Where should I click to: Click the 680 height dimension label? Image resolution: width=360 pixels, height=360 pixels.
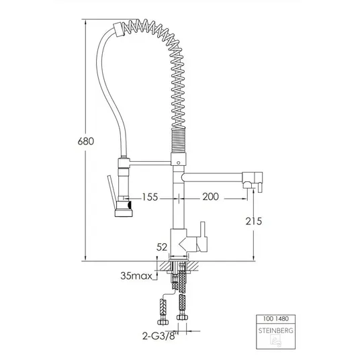[x=86, y=141]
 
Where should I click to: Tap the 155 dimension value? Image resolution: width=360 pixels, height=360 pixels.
[x=150, y=197]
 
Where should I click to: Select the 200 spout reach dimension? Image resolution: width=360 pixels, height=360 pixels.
[x=210, y=197]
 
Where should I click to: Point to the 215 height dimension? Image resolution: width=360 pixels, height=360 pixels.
[x=254, y=222]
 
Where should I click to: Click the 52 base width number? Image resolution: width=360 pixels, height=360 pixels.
[x=162, y=247]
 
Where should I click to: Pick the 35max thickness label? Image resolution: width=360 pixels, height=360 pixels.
[x=136, y=276]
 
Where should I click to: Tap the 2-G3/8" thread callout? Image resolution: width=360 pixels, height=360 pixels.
[x=161, y=336]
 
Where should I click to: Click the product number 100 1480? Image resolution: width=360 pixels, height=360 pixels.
[x=276, y=318]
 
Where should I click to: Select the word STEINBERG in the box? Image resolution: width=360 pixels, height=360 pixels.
[x=276, y=330]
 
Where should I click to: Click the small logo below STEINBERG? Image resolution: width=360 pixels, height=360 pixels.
[x=275, y=341]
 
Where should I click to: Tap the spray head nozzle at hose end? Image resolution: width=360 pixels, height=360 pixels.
[x=124, y=209]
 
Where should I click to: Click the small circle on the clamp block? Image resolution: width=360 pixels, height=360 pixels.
[x=179, y=163]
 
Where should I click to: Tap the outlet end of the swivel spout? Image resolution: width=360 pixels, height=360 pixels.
[x=253, y=181]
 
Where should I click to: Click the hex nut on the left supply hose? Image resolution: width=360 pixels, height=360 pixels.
[x=163, y=322]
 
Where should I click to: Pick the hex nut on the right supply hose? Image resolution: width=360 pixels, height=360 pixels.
[x=182, y=317]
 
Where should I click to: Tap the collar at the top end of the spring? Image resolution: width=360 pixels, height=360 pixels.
[x=118, y=30]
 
